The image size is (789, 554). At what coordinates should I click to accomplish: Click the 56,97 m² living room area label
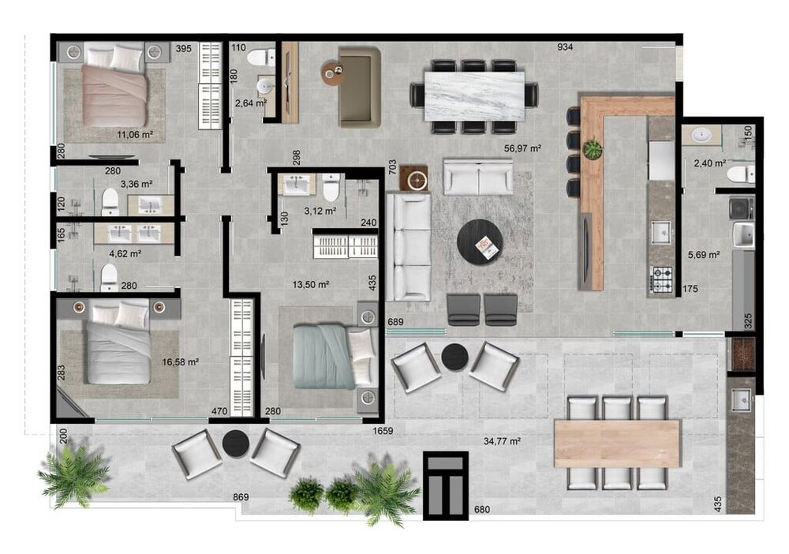522,148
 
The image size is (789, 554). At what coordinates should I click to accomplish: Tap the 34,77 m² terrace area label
502,441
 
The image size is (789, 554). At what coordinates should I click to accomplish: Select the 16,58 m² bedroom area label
180,361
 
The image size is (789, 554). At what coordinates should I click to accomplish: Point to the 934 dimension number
565,47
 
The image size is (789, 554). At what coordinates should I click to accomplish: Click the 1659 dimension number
383,431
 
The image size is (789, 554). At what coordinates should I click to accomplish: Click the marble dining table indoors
474,96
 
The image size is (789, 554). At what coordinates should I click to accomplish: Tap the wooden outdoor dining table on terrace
618,444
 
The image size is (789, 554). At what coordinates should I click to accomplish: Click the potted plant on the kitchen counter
593,148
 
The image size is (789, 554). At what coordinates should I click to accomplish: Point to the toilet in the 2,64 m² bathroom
261,57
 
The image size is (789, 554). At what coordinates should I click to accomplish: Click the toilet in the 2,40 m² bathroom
741,174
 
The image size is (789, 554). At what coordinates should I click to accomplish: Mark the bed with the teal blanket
333,357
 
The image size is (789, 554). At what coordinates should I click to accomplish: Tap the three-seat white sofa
409,247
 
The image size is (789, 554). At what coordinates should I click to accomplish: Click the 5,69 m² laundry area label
704,255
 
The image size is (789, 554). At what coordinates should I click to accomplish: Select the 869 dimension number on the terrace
241,497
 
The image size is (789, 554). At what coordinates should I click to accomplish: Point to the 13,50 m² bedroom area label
311,284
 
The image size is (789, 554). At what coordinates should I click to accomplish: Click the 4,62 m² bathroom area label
125,253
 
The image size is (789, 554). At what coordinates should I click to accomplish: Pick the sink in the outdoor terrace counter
741,400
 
